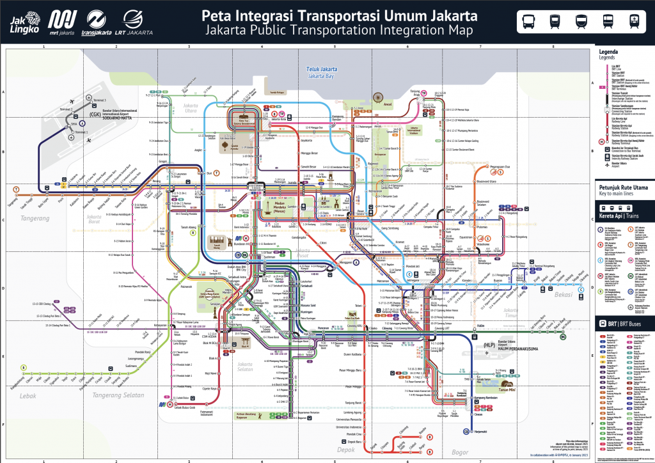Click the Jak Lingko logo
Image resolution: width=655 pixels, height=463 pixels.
tap(25, 21)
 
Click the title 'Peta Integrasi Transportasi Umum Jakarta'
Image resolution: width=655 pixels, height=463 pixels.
tap(340, 15)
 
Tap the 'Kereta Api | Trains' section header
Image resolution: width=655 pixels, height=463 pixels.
tap(624, 207)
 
